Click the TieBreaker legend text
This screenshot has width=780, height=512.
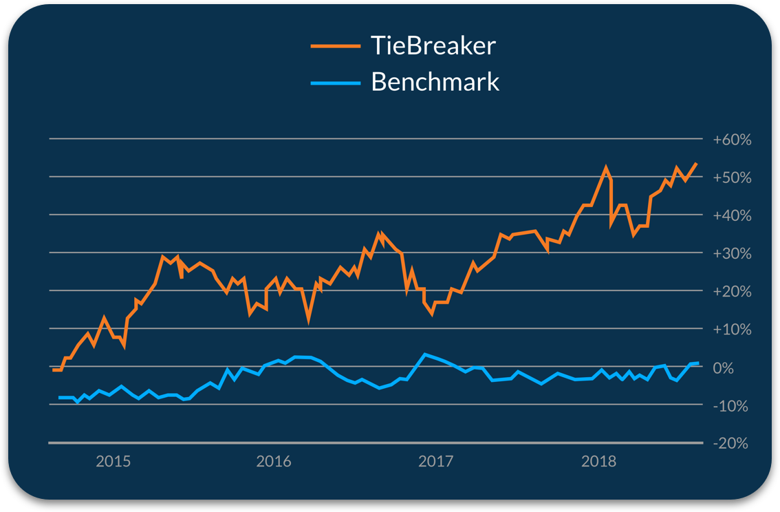click(433, 46)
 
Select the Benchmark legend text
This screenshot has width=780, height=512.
click(435, 82)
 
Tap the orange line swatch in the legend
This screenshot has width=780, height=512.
click(336, 46)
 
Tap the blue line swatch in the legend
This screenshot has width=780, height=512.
click(336, 83)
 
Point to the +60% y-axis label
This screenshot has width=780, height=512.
click(733, 140)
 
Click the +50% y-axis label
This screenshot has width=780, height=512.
click(733, 178)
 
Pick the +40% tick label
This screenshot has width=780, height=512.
click(733, 216)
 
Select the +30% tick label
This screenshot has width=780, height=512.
click(733, 254)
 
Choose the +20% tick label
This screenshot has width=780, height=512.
click(733, 292)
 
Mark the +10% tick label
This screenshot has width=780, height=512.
click(733, 330)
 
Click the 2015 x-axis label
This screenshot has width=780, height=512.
click(113, 461)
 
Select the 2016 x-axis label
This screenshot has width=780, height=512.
click(274, 461)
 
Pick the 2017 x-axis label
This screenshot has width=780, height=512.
click(435, 461)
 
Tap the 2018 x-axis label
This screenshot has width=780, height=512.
click(598, 461)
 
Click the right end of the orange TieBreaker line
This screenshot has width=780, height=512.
click(697, 163)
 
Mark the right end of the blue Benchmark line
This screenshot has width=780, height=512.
click(698, 363)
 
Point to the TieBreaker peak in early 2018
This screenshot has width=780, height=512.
click(606, 167)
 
